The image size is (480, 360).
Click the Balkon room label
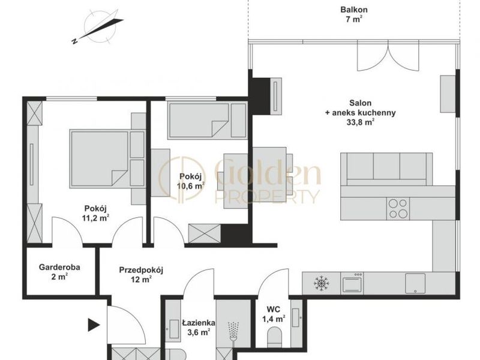pos(354,10)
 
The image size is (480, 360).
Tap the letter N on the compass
pos(74,41)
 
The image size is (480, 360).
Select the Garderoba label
pos(59,267)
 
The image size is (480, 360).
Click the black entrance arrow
pos(94,325)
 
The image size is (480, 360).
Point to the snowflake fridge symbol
pos(321,283)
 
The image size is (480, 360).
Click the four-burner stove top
pos(398,208)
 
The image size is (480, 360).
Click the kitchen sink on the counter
pos(415,283)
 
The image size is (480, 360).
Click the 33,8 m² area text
pos(360,122)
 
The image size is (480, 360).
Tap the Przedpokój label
pos(141,271)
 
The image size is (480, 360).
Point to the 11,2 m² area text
pos(95,218)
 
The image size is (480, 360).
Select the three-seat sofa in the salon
pos(386,169)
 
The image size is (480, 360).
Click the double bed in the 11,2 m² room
pos(107,159)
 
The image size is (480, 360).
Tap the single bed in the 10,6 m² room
pos(207,121)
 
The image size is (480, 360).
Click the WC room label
pos(274,309)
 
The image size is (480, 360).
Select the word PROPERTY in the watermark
pos(267,197)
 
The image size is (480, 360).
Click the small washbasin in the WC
pos(295,317)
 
